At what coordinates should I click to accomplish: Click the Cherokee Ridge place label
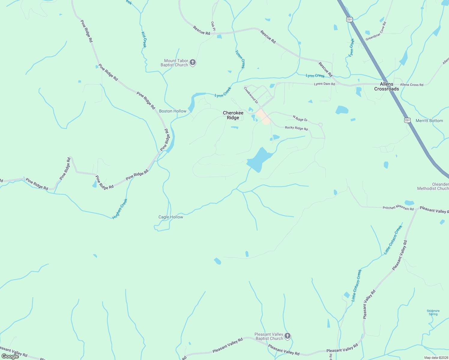[x=233, y=115]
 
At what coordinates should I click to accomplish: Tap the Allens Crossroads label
[x=386, y=86]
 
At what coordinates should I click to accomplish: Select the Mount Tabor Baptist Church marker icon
[x=193, y=62]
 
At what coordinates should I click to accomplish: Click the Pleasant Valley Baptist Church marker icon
[x=287, y=336]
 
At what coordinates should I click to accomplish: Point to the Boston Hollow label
[x=173, y=111]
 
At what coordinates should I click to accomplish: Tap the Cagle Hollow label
[x=170, y=217]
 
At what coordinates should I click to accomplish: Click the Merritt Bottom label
[x=429, y=121]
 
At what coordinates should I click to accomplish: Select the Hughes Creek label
[x=120, y=209]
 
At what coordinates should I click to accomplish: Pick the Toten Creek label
[x=240, y=59]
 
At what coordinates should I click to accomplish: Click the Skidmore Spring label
[x=433, y=312]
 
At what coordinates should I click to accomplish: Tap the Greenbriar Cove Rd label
[x=375, y=31]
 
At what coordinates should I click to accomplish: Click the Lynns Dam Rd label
[x=324, y=84]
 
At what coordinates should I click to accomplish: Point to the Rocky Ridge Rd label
[x=296, y=128]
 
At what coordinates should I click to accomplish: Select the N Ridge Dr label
[x=300, y=118]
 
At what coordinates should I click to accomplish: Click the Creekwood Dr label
[x=251, y=95]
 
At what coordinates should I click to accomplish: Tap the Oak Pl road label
[x=213, y=26]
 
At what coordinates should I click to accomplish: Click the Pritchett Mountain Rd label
[x=398, y=208]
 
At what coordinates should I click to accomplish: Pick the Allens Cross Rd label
[x=411, y=85]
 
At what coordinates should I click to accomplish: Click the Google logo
[x=10, y=356]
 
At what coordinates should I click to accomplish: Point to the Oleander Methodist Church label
[x=433, y=186]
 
